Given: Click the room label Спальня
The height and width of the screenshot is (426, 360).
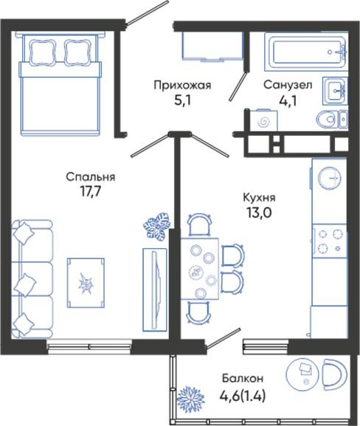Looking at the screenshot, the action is pos(91,177).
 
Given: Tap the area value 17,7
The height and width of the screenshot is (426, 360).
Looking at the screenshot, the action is pos(90,191).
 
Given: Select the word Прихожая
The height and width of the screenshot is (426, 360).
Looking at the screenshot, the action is pos(182,85).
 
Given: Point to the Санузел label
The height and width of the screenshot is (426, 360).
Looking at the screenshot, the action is pos(288,85).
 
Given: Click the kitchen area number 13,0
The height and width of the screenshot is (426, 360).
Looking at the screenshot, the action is pos(259,213).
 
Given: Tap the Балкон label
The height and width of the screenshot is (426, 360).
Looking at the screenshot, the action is pos(243,378).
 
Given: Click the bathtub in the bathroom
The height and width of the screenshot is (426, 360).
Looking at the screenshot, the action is pos(306,52).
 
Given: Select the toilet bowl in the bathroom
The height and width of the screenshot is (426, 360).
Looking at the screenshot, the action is pos(332,119).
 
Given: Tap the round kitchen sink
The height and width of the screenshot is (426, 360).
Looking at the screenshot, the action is pos(329,178).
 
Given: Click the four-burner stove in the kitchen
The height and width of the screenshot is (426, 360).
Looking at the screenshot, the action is pos(330,241).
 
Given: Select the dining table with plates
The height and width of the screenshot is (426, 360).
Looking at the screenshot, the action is pos(200,269).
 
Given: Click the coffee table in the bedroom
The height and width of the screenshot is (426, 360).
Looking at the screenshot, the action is pos(86,283).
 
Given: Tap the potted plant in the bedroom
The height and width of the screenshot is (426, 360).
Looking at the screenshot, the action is pos(156,225).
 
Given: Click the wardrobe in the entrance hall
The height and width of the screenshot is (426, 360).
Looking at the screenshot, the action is pos(212,46).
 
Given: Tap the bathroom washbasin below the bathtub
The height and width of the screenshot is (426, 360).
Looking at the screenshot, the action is pos(335,91).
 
